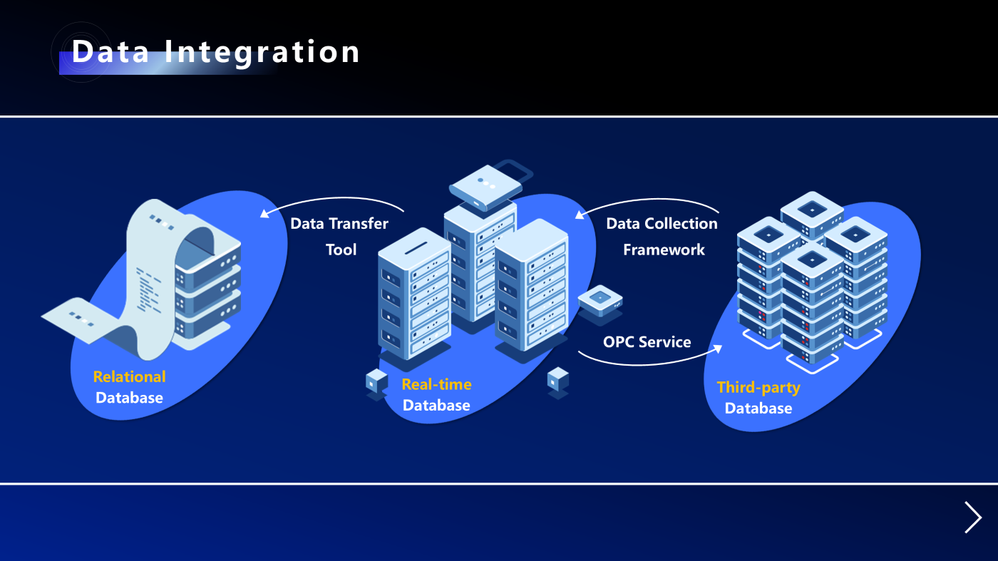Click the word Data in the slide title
tap(110, 53)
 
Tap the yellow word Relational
tap(129, 376)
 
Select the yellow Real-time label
tap(436, 384)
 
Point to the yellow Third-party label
tap(758, 387)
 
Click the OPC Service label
tap(647, 342)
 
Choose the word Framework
tap(664, 249)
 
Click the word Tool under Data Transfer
tap(341, 249)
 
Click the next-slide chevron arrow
tap(972, 517)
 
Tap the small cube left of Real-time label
tap(376, 382)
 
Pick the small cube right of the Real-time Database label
tap(558, 379)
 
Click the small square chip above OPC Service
tap(600, 300)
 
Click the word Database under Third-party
tap(758, 408)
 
